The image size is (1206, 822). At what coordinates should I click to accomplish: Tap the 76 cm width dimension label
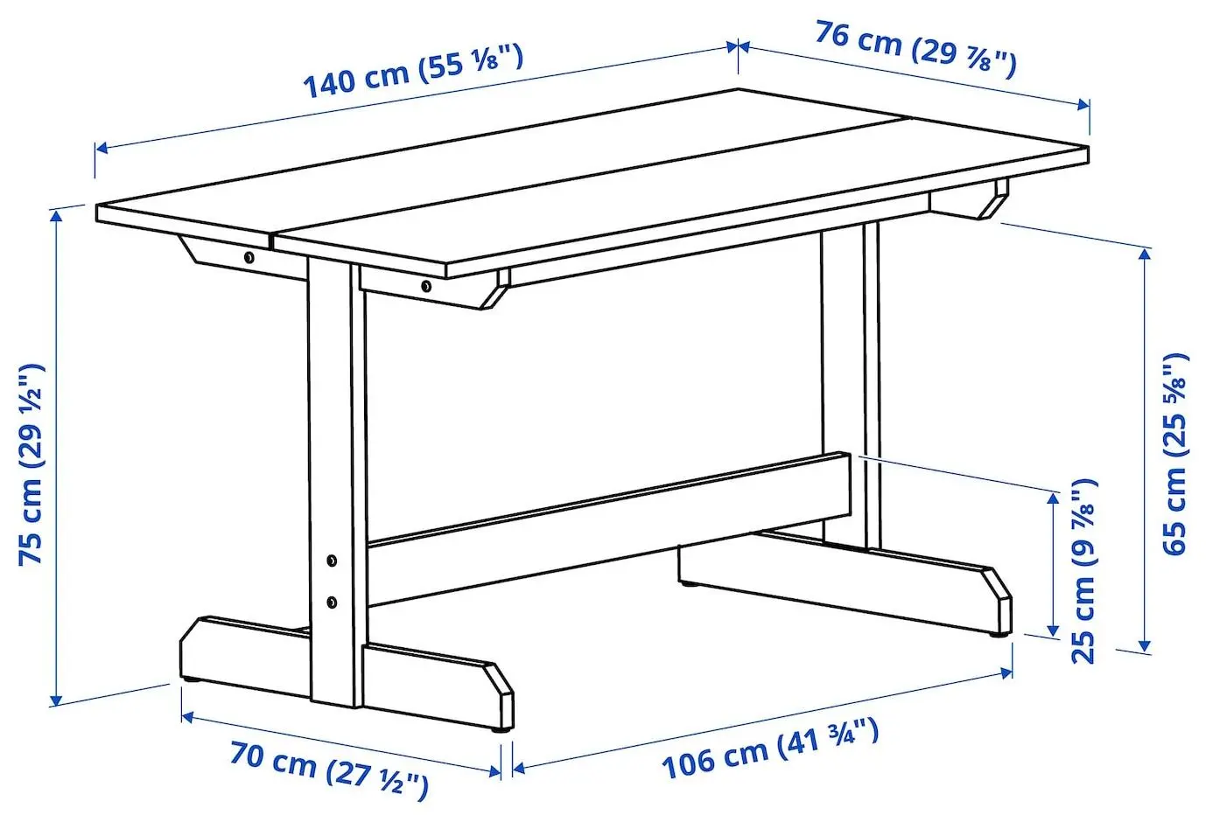click(x=915, y=49)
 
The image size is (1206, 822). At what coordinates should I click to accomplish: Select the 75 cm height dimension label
click(x=32, y=463)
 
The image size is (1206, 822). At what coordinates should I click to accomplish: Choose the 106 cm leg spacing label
click(x=769, y=749)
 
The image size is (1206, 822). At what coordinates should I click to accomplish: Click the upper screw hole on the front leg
click(x=332, y=560)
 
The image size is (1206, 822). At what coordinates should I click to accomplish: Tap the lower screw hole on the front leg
click(x=332, y=602)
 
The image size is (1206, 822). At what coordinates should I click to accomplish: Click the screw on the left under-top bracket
click(x=249, y=257)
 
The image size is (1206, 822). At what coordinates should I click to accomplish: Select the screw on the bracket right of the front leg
click(x=425, y=286)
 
